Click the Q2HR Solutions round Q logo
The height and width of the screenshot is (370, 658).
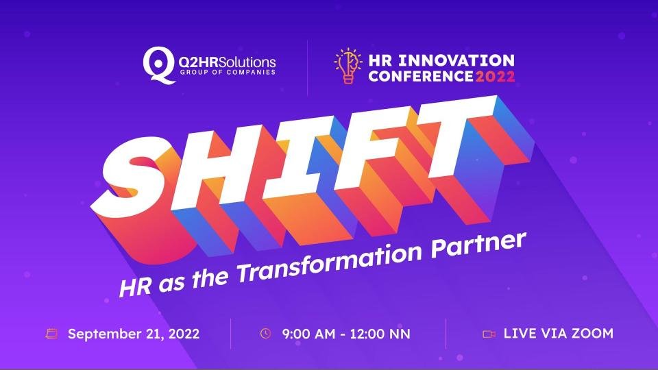(x=158, y=65)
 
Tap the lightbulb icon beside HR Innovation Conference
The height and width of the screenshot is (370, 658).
(x=348, y=66)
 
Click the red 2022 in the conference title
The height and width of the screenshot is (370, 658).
(x=495, y=76)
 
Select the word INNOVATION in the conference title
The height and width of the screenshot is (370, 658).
(x=456, y=60)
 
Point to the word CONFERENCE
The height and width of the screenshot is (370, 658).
(x=421, y=76)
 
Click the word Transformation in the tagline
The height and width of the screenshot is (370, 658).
(x=330, y=263)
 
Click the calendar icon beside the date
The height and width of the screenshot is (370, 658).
(x=51, y=334)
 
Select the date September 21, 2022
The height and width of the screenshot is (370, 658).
(x=134, y=334)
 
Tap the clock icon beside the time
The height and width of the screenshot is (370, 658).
(x=266, y=334)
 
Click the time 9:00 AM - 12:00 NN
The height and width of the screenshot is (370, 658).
(x=346, y=334)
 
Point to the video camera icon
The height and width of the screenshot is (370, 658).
(x=489, y=334)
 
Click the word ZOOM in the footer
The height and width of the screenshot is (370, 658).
(x=592, y=334)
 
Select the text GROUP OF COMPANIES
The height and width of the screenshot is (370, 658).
(x=228, y=72)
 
